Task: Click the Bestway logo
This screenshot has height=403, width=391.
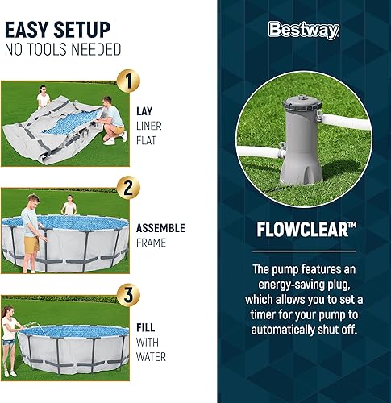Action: coord(303,31)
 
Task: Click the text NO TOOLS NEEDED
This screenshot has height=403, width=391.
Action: coord(63,51)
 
